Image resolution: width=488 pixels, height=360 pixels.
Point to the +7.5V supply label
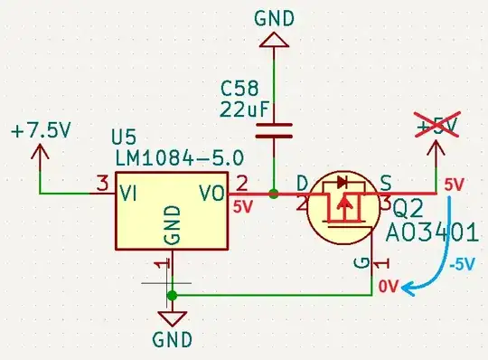[41, 130]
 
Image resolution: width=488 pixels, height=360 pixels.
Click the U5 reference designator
[127, 137]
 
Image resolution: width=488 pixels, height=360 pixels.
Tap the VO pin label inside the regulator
[211, 194]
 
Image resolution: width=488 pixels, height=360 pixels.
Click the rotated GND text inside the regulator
[174, 223]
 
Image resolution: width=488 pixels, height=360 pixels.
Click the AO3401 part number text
[431, 232]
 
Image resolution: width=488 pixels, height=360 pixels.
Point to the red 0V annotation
[388, 286]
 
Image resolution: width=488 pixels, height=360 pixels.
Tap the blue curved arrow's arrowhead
[408, 288]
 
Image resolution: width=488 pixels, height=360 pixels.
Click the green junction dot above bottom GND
[173, 295]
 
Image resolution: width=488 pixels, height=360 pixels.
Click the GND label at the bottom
[173, 340]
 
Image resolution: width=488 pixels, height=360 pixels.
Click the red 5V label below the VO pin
[243, 207]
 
